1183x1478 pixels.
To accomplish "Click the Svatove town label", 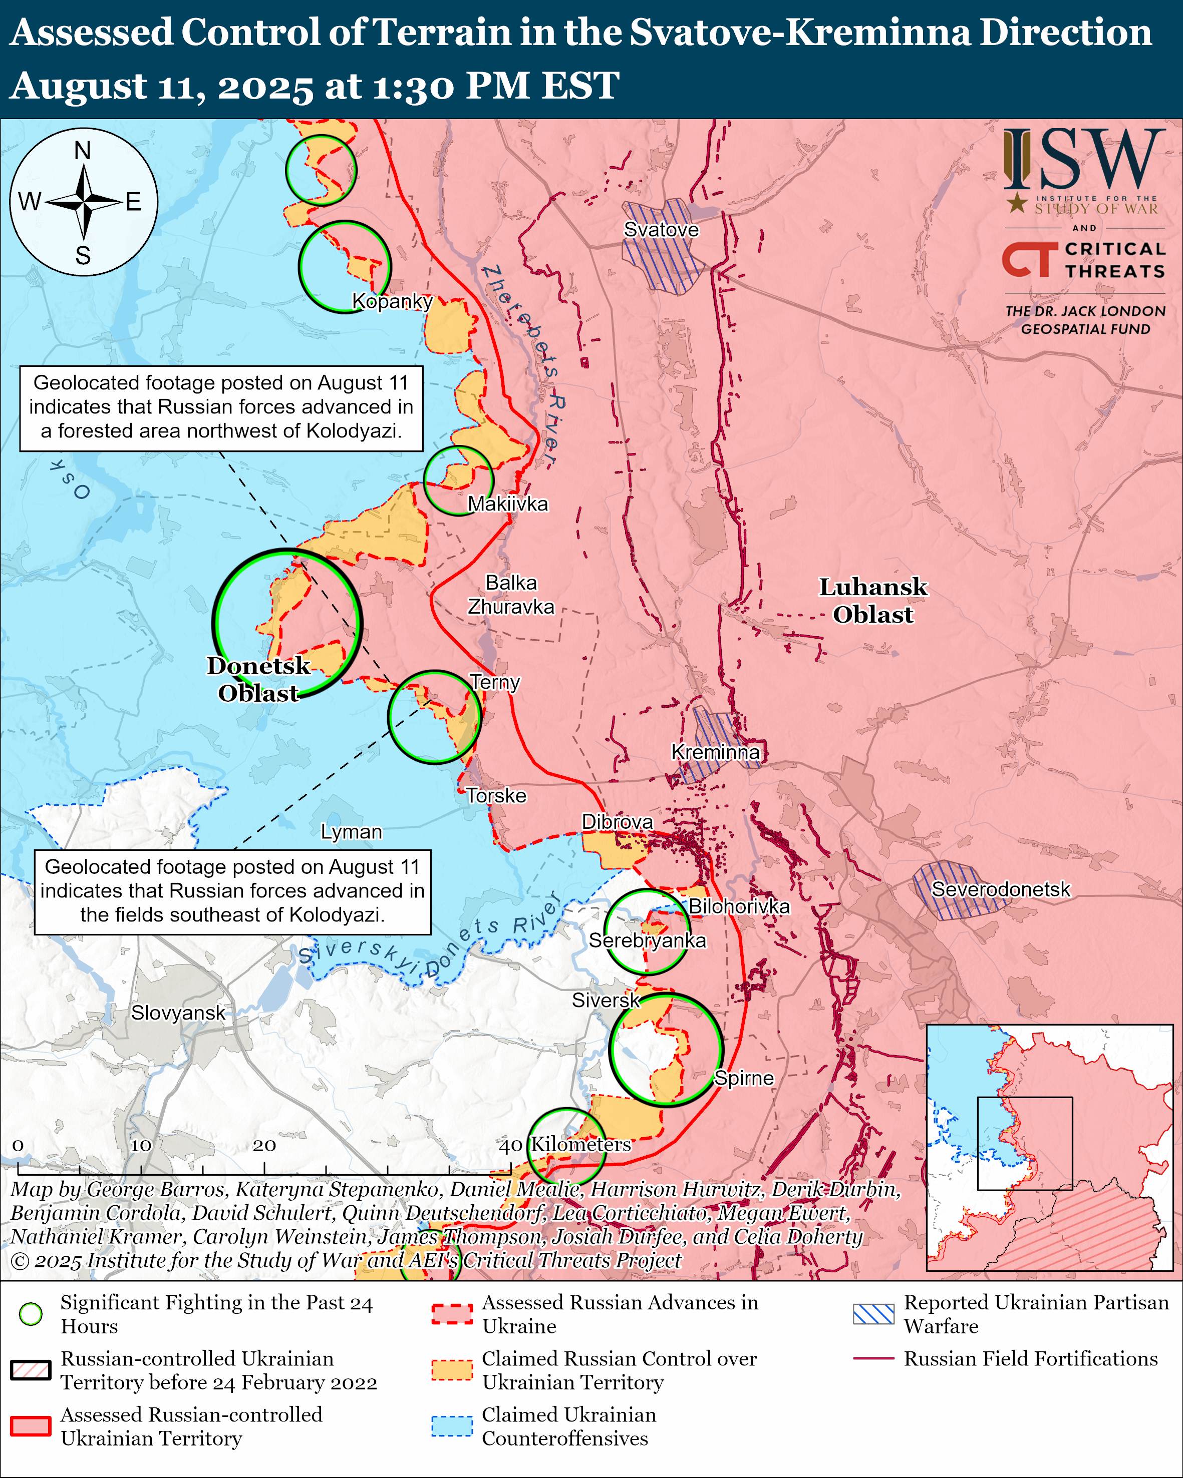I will click(661, 230).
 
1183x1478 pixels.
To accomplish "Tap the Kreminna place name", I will click(715, 752).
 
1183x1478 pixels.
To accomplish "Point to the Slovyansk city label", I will click(178, 1013).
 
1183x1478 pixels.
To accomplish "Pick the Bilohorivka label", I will click(739, 906).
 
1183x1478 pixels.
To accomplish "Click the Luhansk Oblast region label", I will click(873, 601).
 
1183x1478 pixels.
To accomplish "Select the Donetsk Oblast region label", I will click(258, 679).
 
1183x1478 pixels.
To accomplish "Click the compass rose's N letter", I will click(83, 150).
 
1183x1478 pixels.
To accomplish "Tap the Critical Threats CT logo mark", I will click(1029, 259).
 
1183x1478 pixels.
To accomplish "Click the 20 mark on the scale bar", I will click(264, 1146).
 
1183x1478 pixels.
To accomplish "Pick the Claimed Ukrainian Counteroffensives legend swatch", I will click(452, 1426).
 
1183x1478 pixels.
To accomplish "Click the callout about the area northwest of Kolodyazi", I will click(221, 407).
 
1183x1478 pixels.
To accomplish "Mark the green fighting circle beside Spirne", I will click(665, 1050).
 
